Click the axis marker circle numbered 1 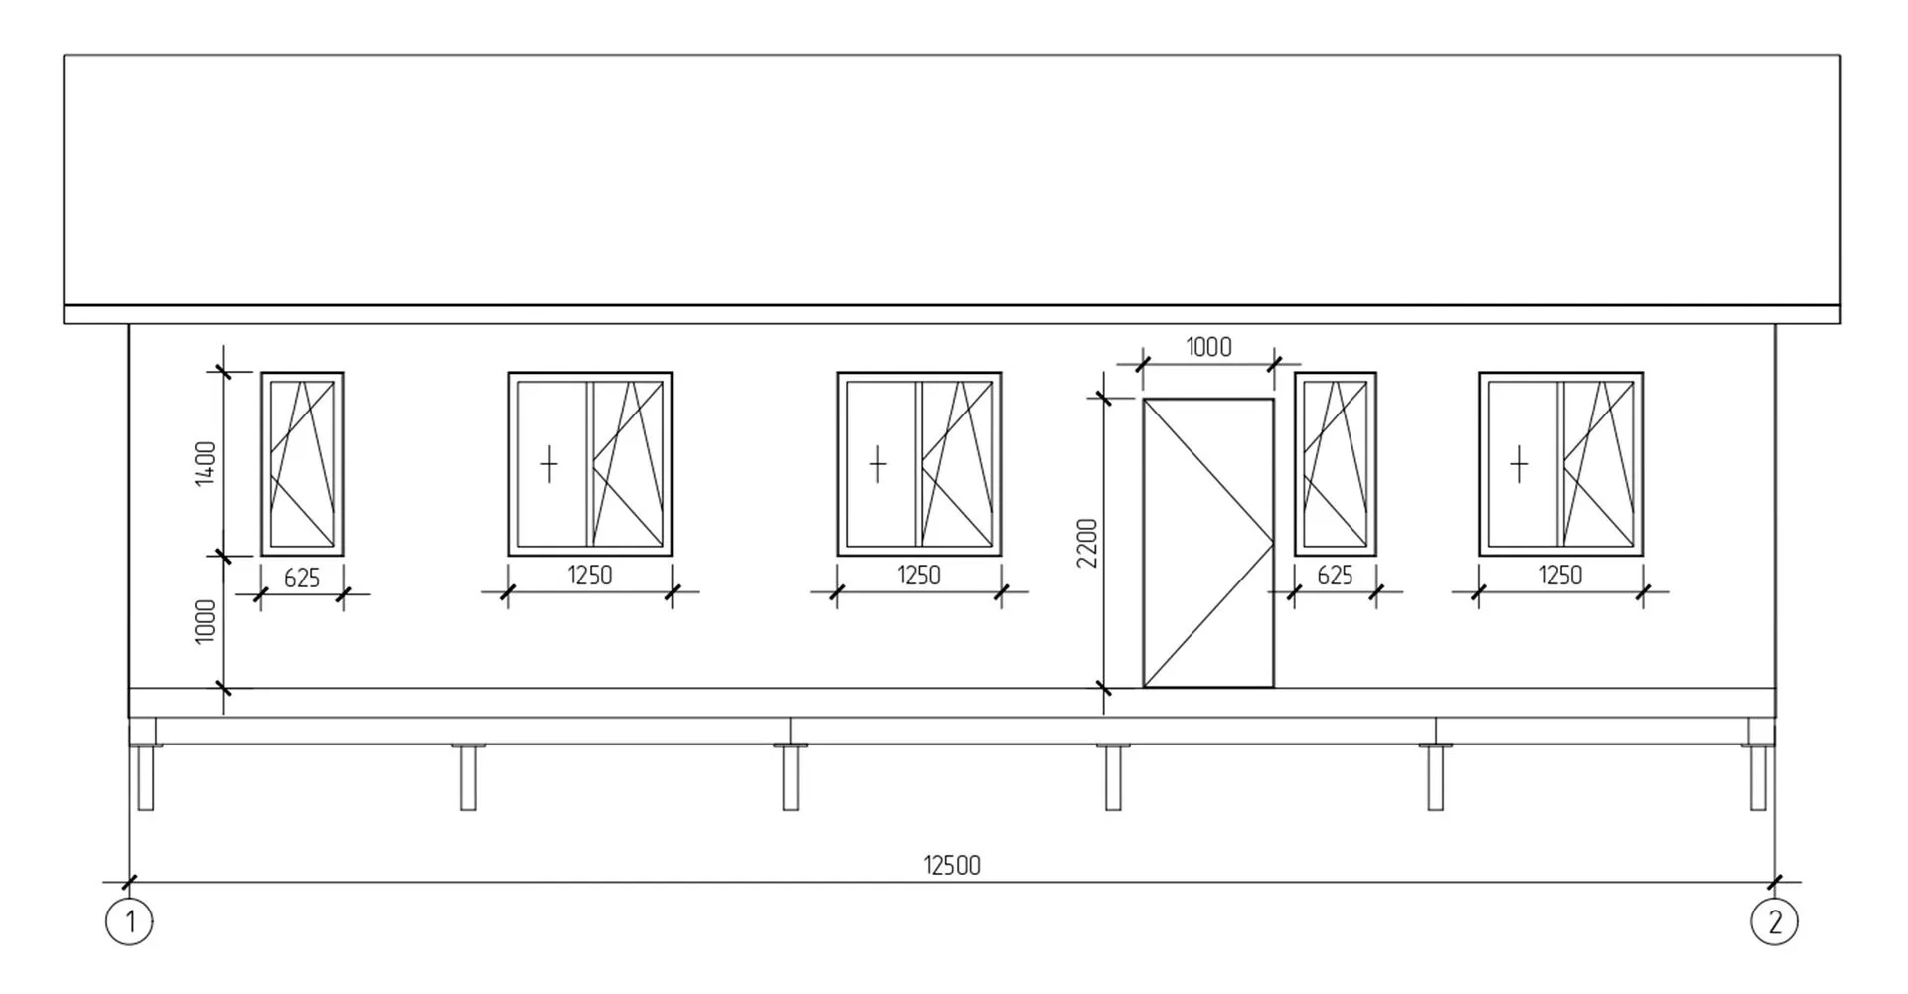[129, 921]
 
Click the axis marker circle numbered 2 [1774, 921]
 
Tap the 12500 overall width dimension [952, 866]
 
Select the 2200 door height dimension [1088, 543]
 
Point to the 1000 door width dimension [1208, 347]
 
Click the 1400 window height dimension [205, 464]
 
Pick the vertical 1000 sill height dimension [205, 621]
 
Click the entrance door [1208, 543]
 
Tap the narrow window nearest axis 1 [302, 464]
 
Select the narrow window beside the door [1335, 464]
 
